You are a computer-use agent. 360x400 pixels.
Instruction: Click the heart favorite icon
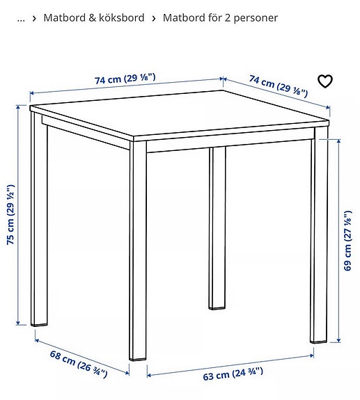tap(325, 81)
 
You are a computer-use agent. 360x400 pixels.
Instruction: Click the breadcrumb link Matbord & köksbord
tap(94, 18)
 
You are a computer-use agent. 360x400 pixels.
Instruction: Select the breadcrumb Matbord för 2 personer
tap(220, 18)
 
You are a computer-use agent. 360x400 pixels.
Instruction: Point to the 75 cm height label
tap(10, 215)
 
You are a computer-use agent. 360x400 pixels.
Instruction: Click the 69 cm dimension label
tap(347, 241)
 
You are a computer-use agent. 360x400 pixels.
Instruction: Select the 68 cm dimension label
tap(79, 364)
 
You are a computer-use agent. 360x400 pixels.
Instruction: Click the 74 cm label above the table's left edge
tap(125, 79)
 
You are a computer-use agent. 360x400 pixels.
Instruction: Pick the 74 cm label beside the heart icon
tap(279, 86)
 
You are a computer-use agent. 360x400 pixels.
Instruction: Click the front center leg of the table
tap(138, 250)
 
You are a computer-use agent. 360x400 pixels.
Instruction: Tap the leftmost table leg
tap(39, 218)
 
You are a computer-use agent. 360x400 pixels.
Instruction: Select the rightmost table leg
tap(319, 234)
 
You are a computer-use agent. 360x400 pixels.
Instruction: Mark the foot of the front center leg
tap(138, 359)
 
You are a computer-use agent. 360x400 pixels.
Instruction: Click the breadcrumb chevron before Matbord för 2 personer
tap(154, 18)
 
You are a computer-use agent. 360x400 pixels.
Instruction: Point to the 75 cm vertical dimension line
tap(18, 215)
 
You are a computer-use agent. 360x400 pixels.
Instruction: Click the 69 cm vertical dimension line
tap(339, 241)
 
